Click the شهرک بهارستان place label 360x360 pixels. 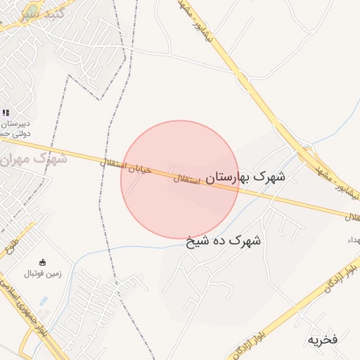243,178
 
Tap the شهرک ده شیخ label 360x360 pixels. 224,241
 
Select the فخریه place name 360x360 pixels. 323,340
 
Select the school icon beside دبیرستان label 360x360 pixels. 6,112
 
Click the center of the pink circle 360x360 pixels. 180,179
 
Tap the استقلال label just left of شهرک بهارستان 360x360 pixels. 186,182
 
